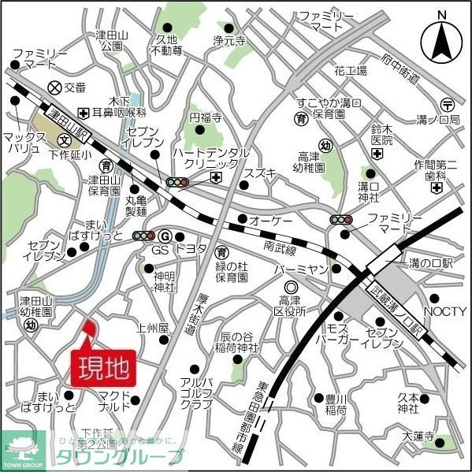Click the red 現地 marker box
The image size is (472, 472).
click(x=105, y=367)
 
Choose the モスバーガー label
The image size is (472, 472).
click(x=342, y=334)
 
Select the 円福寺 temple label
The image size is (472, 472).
click(x=206, y=117)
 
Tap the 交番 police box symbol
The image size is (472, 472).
click(x=54, y=87)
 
